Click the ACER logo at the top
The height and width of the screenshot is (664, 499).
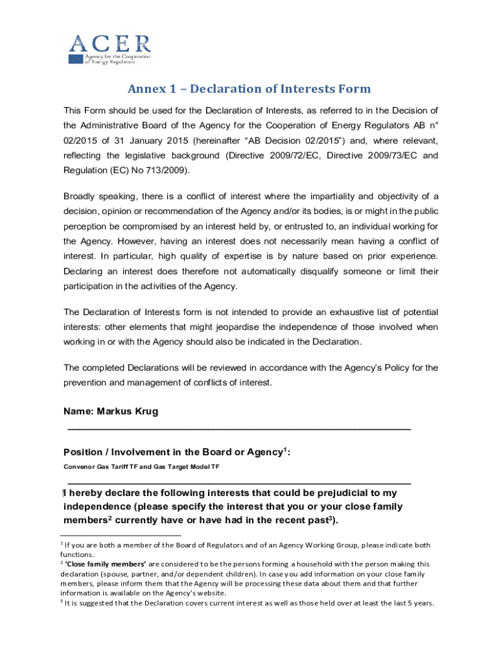point(110,49)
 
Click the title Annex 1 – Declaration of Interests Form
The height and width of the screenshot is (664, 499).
point(249,89)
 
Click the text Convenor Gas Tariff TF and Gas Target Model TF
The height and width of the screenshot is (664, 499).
point(141,467)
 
